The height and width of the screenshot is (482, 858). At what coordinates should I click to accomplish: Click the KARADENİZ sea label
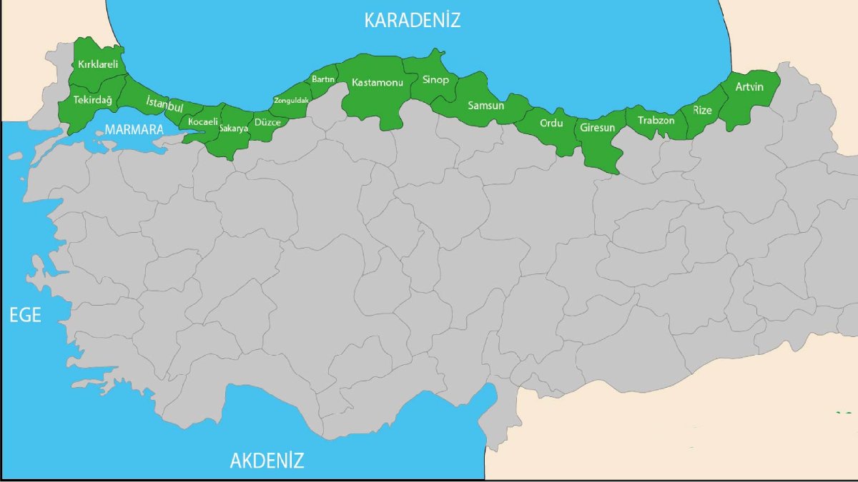412,20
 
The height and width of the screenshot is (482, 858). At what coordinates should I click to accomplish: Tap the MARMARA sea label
134,130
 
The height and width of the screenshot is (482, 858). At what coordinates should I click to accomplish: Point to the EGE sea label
25,316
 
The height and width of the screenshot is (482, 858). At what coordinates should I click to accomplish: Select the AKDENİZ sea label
267,461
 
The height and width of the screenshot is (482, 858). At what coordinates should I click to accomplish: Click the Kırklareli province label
98,64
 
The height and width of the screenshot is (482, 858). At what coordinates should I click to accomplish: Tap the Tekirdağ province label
93,100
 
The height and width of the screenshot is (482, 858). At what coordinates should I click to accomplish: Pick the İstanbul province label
164,104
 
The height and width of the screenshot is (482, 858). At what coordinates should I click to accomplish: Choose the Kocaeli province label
202,122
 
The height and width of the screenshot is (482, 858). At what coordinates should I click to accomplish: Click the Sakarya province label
234,129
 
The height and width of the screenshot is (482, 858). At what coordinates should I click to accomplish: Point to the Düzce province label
267,122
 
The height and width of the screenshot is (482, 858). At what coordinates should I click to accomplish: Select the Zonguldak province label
291,101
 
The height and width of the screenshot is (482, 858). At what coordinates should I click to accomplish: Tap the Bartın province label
323,79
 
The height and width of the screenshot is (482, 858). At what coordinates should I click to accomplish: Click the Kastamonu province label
378,83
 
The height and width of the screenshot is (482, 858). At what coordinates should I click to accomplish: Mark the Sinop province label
435,79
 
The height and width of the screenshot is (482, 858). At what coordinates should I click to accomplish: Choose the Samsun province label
486,106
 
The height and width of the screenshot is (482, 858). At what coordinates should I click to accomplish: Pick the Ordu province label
551,123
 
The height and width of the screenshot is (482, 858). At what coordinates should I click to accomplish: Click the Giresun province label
598,128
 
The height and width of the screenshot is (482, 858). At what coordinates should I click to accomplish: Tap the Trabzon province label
656,120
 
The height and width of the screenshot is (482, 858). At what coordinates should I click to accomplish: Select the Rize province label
702,110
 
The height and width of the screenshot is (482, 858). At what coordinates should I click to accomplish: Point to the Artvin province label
749,87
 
